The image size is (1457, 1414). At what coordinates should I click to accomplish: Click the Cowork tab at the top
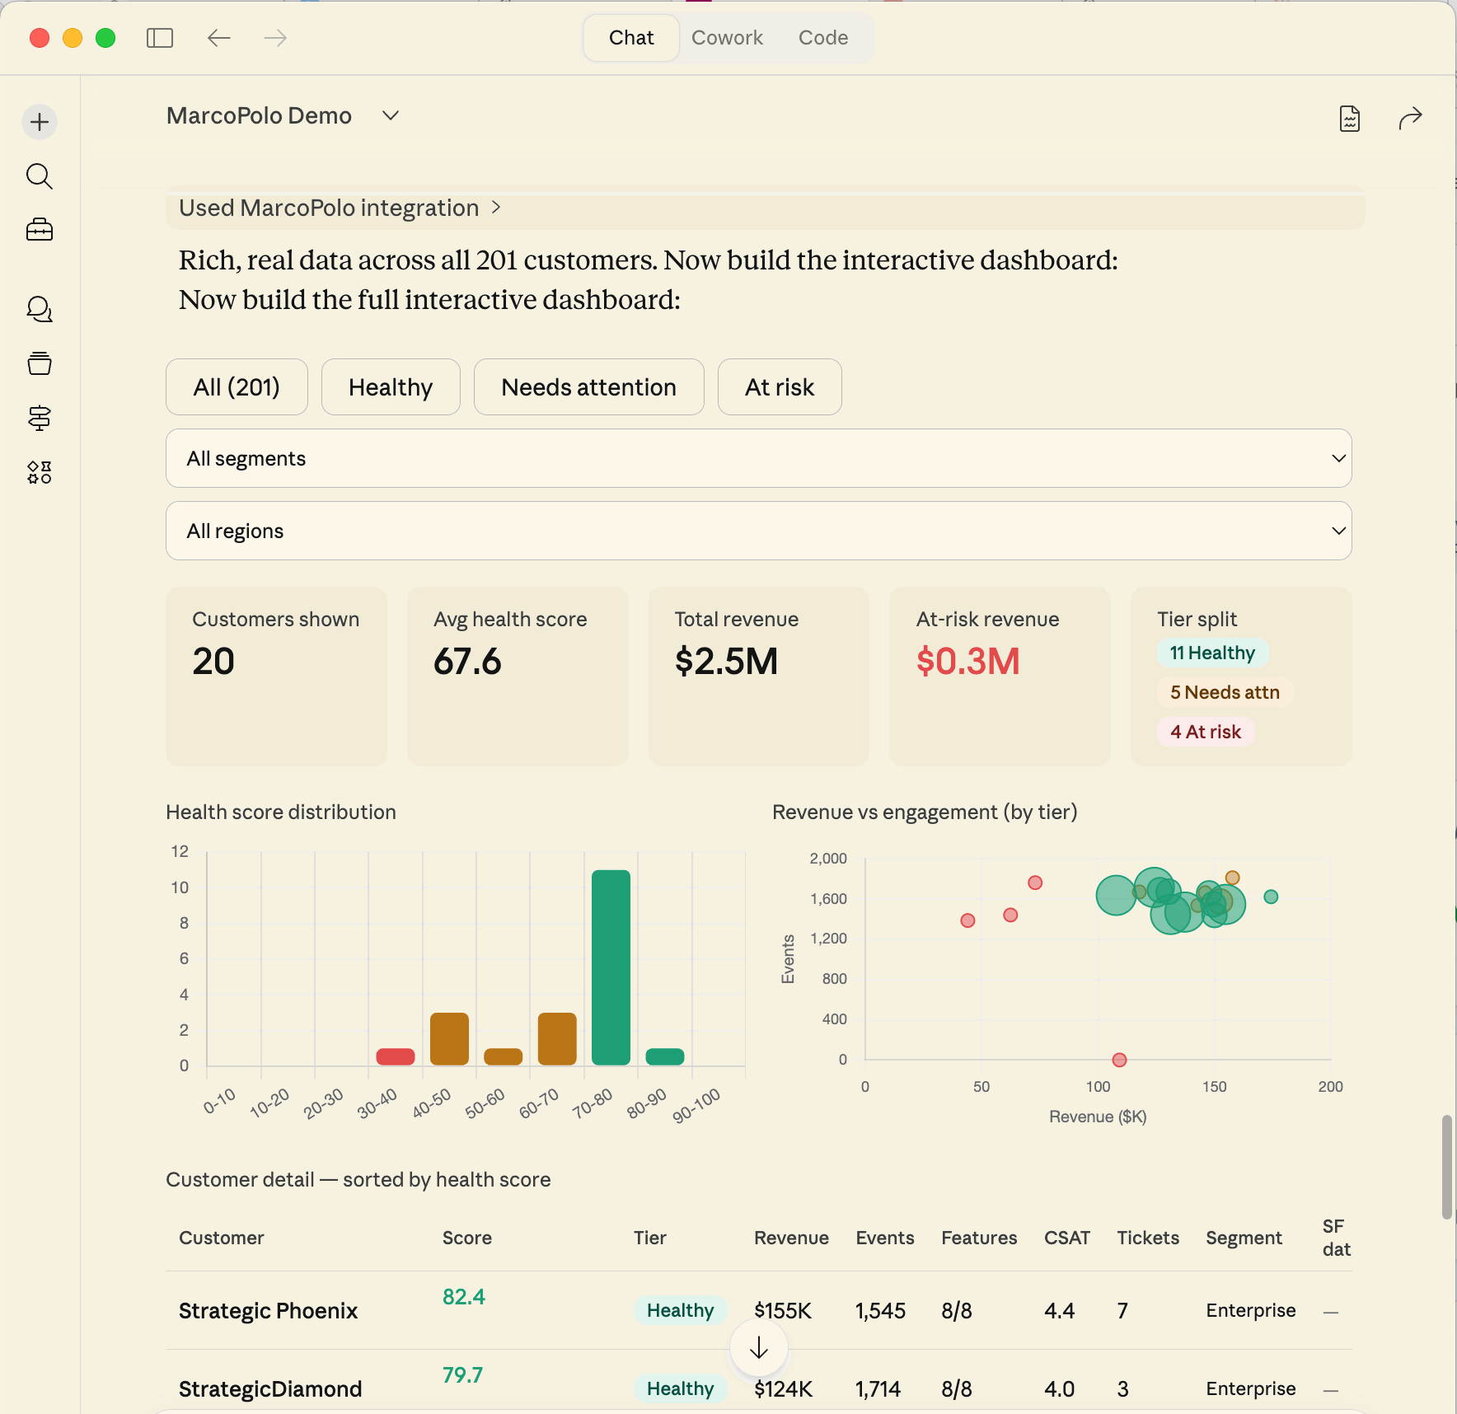(727, 38)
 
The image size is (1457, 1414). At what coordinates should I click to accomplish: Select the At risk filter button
(779, 387)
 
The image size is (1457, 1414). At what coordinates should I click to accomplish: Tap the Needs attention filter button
(588, 387)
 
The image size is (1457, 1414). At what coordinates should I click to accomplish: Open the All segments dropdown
(758, 458)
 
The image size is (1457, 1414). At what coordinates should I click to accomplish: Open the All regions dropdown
(758, 531)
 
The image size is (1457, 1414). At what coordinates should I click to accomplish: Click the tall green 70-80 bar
(611, 967)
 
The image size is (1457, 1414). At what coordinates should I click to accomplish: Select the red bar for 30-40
(396, 1056)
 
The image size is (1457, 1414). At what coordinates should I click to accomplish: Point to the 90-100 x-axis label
(696, 1105)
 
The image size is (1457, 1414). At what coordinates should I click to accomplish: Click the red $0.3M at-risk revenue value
(967, 662)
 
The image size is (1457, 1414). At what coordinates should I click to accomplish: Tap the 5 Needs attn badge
(1225, 692)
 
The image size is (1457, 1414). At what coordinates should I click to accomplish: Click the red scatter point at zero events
(1119, 1060)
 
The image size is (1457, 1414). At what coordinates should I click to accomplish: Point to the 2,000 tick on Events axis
(828, 859)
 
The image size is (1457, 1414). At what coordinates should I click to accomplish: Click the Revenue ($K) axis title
(1098, 1117)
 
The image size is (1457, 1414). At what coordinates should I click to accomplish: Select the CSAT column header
(1066, 1238)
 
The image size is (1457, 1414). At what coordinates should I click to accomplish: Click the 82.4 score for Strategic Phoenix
(463, 1297)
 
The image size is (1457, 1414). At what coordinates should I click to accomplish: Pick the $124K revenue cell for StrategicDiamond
(783, 1389)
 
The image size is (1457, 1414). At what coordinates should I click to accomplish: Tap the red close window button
(40, 38)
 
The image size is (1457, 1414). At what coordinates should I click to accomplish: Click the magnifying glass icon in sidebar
(40, 176)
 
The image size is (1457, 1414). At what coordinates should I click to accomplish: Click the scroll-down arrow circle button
(758, 1348)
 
